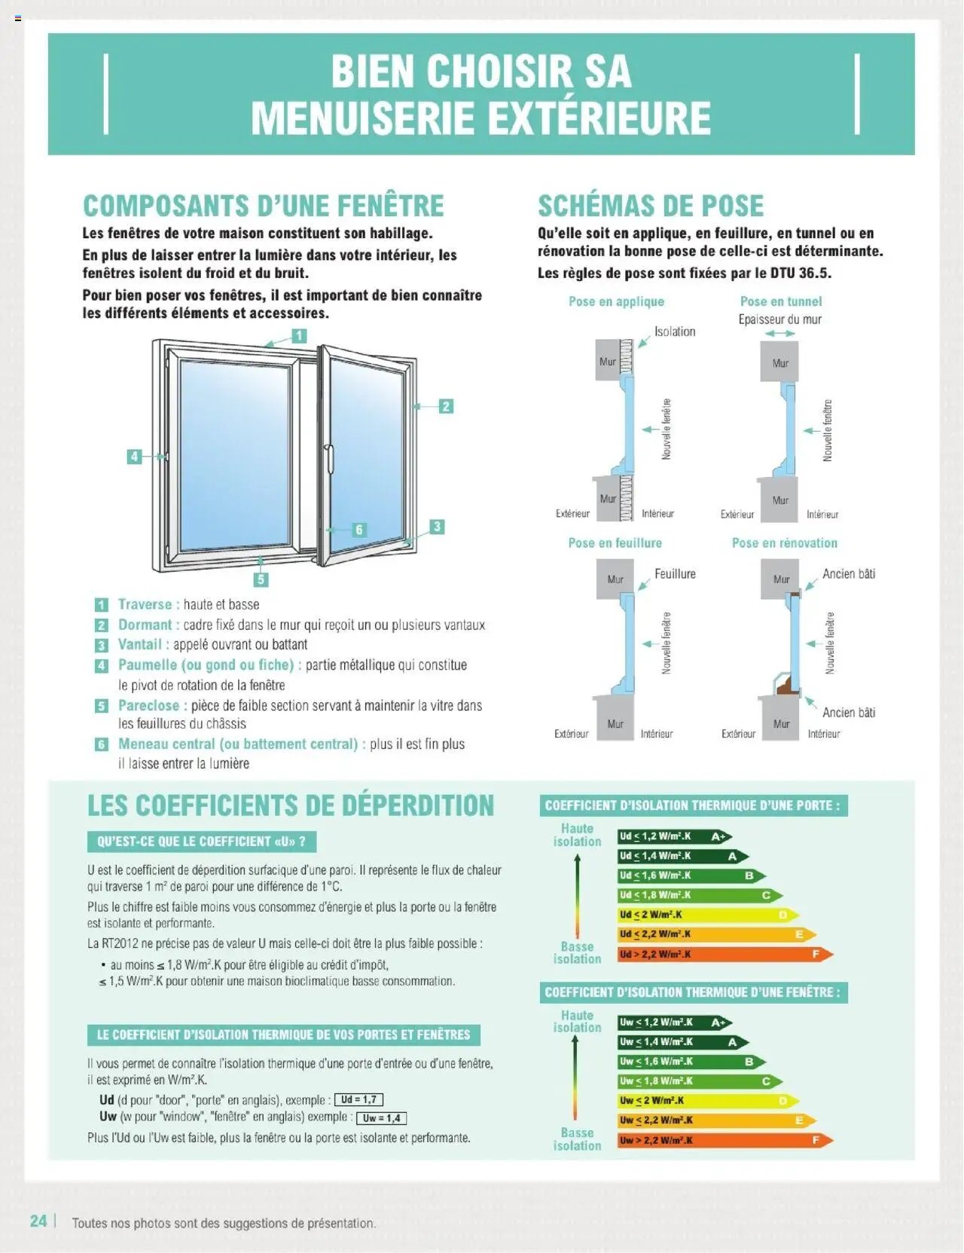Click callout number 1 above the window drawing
click(x=299, y=335)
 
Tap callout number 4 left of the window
click(x=134, y=456)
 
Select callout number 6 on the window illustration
click(x=359, y=530)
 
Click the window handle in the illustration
click(x=329, y=458)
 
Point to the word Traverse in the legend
click(x=145, y=604)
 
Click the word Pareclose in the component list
click(x=148, y=705)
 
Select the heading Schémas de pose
click(x=650, y=206)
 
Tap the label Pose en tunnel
click(x=780, y=301)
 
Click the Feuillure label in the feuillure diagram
click(x=675, y=573)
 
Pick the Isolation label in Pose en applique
click(x=675, y=332)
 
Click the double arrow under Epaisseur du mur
click(x=779, y=333)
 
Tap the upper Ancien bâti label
click(x=849, y=573)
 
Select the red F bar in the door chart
click(x=723, y=954)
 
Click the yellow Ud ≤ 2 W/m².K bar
click(x=706, y=915)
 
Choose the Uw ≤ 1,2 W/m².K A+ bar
click(x=673, y=1022)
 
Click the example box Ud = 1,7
click(x=358, y=1099)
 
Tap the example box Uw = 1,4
click(x=381, y=1118)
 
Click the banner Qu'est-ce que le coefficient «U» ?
click(x=201, y=842)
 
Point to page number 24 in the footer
click(x=38, y=1221)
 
